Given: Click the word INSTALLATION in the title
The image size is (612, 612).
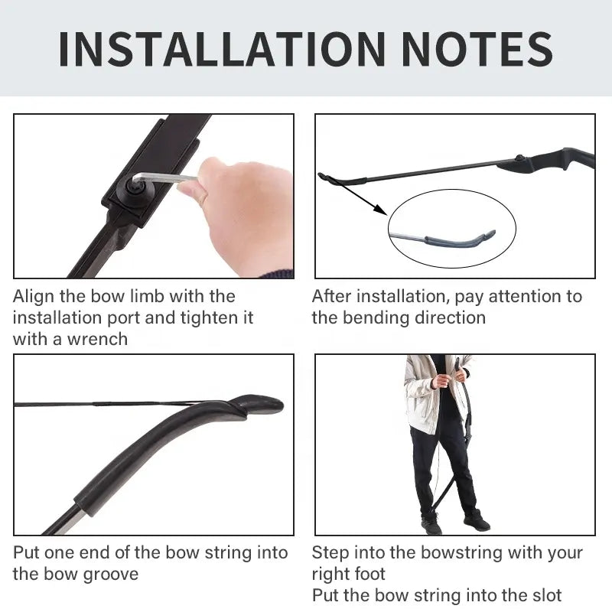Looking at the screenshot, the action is pos(222,49).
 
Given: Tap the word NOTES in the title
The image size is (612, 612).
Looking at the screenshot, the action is pos(477,49).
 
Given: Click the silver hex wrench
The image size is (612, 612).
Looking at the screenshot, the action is pos(163,178).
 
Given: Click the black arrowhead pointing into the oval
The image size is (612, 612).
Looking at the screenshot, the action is pos(380,209).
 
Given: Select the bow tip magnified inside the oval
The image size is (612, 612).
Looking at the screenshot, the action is pos(460,239).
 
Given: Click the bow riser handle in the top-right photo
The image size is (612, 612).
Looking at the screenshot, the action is pos(546,160).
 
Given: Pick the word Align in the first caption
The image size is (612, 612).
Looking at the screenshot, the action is pos(33,297).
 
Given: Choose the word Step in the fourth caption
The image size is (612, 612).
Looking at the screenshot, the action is pos(330,553).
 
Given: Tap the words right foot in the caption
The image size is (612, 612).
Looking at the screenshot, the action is pos(349,575).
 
